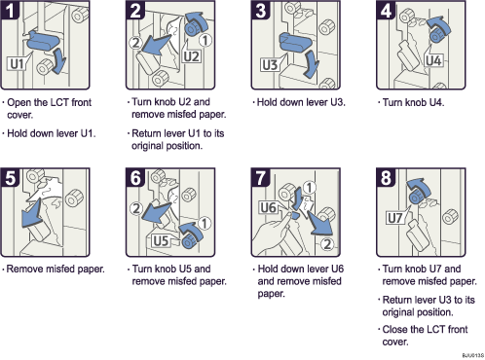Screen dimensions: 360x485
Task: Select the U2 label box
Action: [x=191, y=55]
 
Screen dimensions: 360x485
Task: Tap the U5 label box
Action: [x=163, y=239]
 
